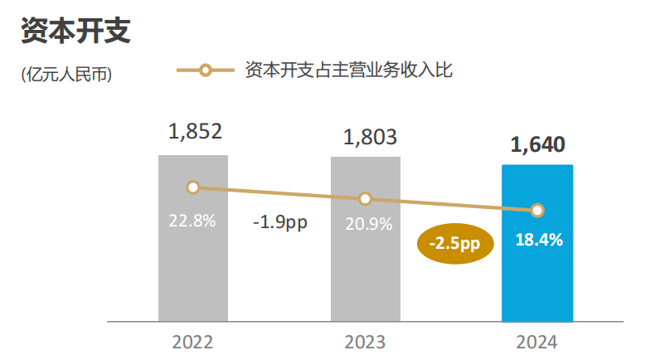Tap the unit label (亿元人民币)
[66, 74]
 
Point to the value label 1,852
[195, 131]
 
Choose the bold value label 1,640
[538, 144]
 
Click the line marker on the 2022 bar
[193, 187]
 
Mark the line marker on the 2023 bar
[365, 199]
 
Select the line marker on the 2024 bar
[537, 211]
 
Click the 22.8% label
[192, 221]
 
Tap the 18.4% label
[539, 241]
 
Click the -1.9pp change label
[279, 223]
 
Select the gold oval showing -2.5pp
[454, 242]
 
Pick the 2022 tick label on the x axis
[192, 342]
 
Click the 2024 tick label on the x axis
[536, 342]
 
